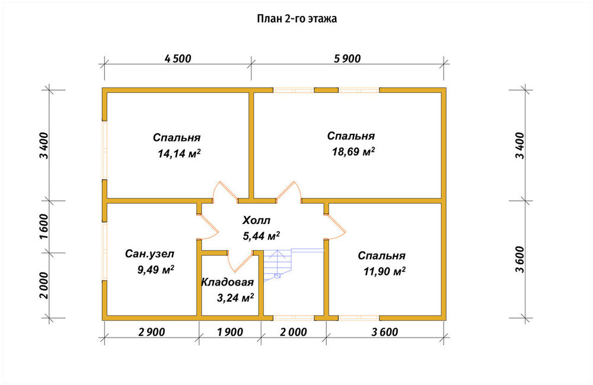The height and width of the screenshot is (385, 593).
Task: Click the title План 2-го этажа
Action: coord(297,18)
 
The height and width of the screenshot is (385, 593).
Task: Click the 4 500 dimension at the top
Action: coord(178,59)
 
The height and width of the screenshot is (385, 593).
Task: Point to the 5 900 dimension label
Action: coord(347,59)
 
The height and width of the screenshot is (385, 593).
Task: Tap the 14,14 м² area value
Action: coord(179,153)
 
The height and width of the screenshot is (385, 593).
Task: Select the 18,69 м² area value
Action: coord(353,152)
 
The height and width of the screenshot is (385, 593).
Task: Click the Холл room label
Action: coord(256,220)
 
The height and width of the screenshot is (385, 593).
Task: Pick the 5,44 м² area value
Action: coord(261,236)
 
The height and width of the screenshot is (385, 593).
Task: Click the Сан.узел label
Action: coord(150,254)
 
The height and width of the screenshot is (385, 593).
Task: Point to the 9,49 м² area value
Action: coord(156,269)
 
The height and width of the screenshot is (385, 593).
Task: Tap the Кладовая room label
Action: coord(227,282)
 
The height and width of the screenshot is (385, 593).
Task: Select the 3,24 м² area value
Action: coord(235,298)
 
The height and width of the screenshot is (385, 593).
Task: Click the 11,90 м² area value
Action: coord(384,271)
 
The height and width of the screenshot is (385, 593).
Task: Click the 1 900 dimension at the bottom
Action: coord(230,332)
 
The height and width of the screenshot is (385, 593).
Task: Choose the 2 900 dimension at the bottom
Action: coord(152,332)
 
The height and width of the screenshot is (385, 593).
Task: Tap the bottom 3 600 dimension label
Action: coord(385,332)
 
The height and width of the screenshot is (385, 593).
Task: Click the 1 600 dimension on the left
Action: coord(44,227)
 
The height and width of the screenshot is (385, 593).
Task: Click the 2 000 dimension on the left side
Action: coord(44,285)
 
